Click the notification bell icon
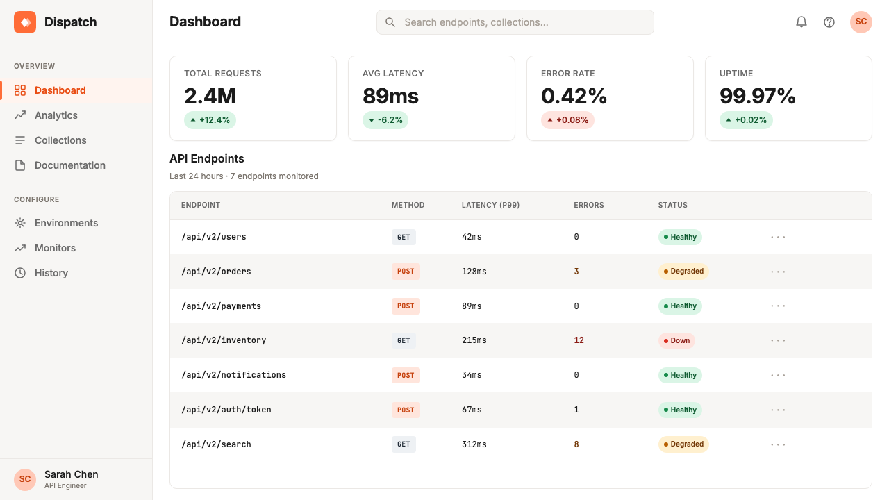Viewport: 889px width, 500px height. click(x=801, y=22)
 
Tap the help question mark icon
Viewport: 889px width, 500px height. click(x=829, y=22)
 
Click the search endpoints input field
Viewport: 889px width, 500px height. click(x=515, y=22)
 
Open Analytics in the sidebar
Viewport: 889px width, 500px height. click(x=56, y=115)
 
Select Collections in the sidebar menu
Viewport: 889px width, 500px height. click(x=60, y=140)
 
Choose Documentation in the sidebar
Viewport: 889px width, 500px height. click(x=70, y=165)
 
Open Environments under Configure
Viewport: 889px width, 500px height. click(x=66, y=223)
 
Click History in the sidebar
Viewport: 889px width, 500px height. click(x=51, y=273)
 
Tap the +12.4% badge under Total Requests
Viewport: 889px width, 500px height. click(x=210, y=120)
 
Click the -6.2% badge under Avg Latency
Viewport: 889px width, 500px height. click(x=385, y=120)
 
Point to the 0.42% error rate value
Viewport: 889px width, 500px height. click(x=574, y=96)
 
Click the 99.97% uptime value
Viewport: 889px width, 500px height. click(x=758, y=96)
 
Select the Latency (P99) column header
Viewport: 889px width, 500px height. click(x=490, y=205)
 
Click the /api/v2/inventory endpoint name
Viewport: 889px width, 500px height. click(x=224, y=340)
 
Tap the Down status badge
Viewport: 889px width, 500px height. click(x=676, y=340)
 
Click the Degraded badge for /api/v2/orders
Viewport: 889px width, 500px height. click(x=683, y=272)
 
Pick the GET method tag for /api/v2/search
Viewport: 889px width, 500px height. click(x=404, y=444)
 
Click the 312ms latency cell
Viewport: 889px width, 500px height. click(x=474, y=444)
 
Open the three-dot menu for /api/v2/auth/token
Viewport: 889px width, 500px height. click(x=778, y=410)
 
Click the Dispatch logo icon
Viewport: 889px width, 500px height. click(x=25, y=22)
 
